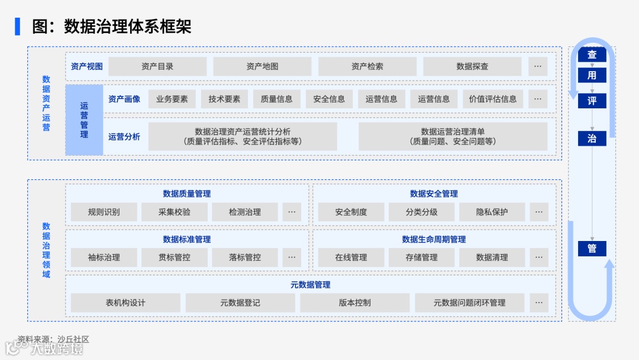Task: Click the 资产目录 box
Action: click(157, 66)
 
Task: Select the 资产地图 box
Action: click(262, 66)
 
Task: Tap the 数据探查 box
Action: click(472, 66)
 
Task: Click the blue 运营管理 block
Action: click(84, 120)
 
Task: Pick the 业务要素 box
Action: click(172, 99)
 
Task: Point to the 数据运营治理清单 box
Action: click(453, 136)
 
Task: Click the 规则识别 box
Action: click(104, 212)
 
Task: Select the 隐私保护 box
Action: click(492, 212)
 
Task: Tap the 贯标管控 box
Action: click(174, 258)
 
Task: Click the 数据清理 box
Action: click(492, 258)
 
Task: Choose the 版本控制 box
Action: click(354, 303)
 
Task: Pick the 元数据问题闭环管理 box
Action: click(469, 303)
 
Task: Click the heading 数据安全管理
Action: click(434, 194)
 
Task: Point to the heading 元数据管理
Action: click(310, 285)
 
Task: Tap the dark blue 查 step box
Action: click(592, 55)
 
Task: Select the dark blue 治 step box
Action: click(592, 139)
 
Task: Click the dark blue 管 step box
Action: click(592, 249)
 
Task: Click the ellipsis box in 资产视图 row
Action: click(537, 66)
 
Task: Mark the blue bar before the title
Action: click(18, 26)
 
